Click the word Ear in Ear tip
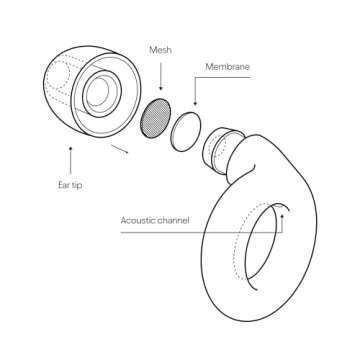point(63,185)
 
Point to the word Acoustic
point(138,220)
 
